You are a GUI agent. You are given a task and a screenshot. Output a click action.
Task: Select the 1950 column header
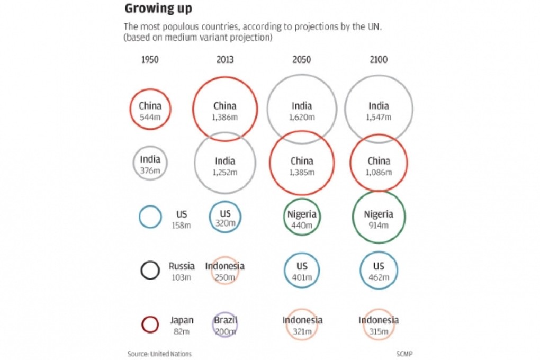pos(150,60)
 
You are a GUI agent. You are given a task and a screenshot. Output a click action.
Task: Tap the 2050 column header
pos(302,60)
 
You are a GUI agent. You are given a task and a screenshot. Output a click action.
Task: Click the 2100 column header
pos(379,60)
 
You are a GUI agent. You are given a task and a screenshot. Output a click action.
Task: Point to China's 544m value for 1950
pos(150,116)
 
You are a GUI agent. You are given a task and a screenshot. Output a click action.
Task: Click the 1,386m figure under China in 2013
pos(225,116)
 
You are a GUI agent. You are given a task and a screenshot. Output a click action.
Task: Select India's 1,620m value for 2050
pos(302,116)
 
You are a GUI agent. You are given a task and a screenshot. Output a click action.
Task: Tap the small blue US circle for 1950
pos(150,217)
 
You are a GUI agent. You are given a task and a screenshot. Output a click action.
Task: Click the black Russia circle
pos(150,269)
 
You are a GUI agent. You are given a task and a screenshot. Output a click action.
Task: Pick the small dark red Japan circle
pos(150,324)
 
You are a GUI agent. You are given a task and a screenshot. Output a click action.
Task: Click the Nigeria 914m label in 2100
pos(379,226)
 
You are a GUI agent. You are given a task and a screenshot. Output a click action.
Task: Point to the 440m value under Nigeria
pos(302,226)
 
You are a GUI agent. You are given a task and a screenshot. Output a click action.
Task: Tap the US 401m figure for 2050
pos(302,277)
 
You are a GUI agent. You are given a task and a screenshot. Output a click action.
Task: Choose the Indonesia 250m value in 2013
pos(225,277)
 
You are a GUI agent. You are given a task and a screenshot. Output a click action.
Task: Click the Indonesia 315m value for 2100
pos(379,331)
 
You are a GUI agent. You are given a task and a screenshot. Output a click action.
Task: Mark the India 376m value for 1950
pos(150,170)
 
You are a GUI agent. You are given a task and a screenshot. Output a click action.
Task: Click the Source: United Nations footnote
pos(159,353)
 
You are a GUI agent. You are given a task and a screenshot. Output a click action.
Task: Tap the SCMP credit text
pos(404,353)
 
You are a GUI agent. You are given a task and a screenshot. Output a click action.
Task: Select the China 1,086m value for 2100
pos(379,172)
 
